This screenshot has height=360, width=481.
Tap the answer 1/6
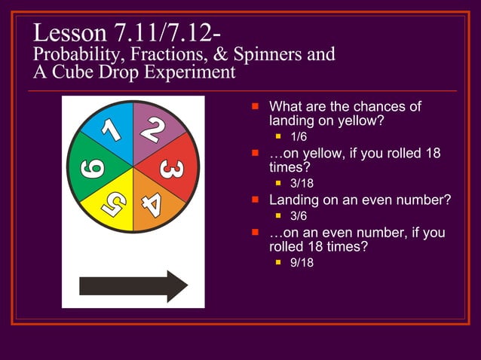299,137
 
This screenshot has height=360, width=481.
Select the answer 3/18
302,184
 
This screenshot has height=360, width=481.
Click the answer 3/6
299,216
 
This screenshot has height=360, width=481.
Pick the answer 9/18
302,263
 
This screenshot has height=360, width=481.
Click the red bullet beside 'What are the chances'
256,106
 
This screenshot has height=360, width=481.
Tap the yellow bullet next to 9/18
279,263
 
